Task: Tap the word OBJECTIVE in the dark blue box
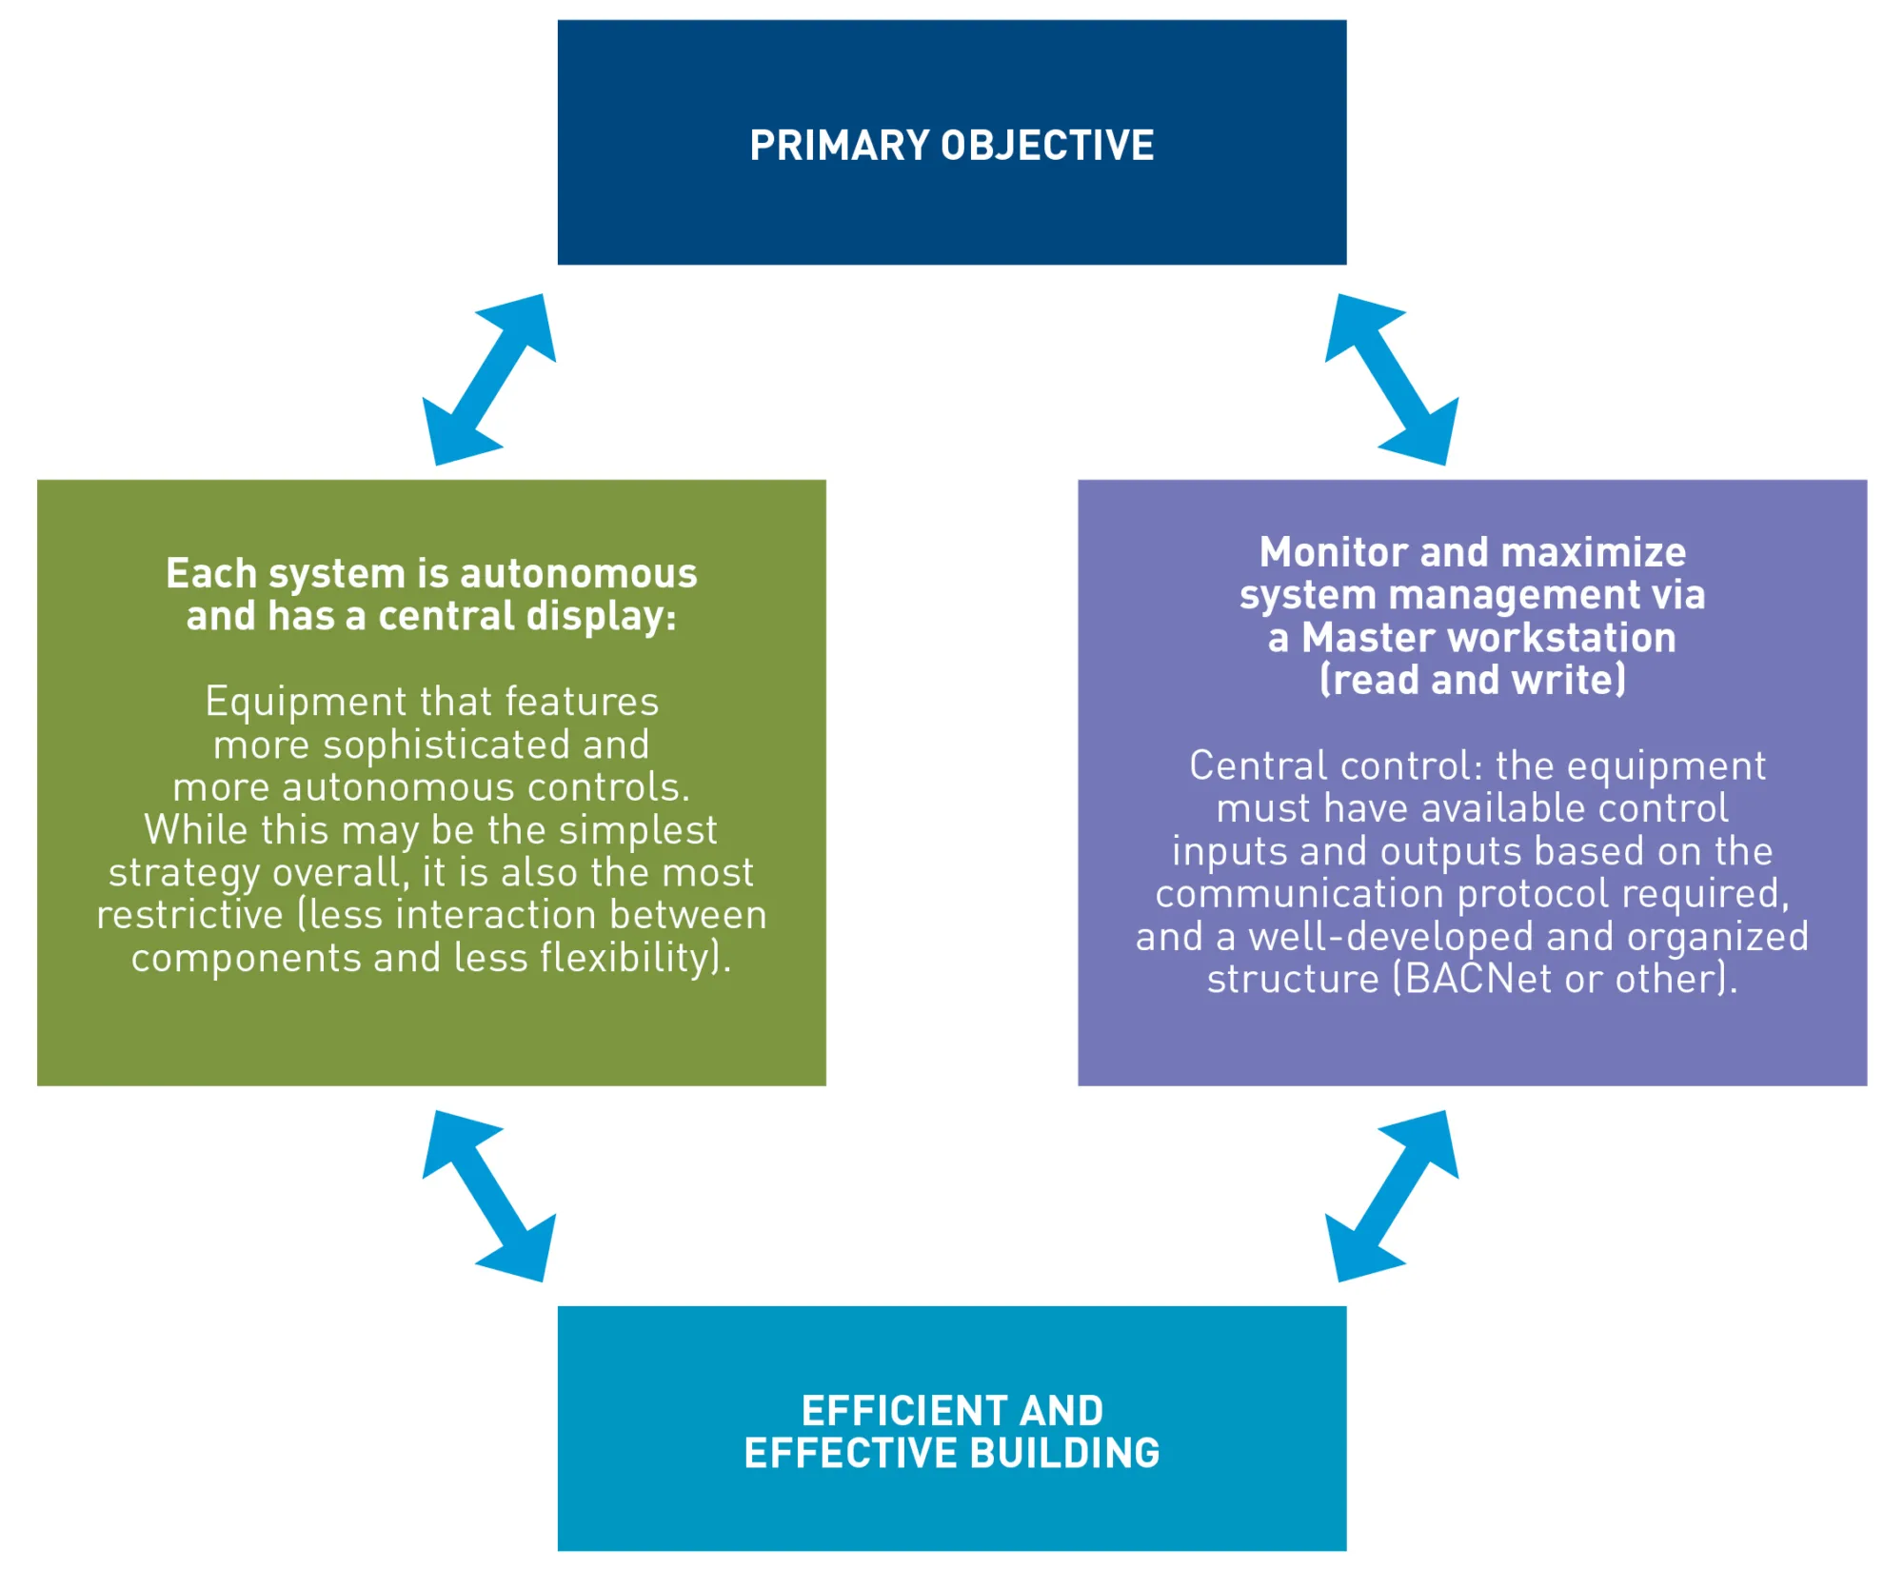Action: pos(1047,146)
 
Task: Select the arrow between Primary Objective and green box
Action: pos(489,379)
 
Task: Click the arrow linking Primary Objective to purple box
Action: pos(1392,379)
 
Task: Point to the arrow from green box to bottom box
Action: pos(489,1196)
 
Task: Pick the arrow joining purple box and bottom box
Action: pos(1392,1196)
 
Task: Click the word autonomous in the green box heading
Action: pos(579,574)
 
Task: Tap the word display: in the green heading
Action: pos(602,617)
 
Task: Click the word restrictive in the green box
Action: pos(190,915)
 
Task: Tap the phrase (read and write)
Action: pos(1473,681)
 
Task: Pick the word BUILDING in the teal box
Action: pos(1065,1454)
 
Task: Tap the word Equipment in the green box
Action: pos(307,703)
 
